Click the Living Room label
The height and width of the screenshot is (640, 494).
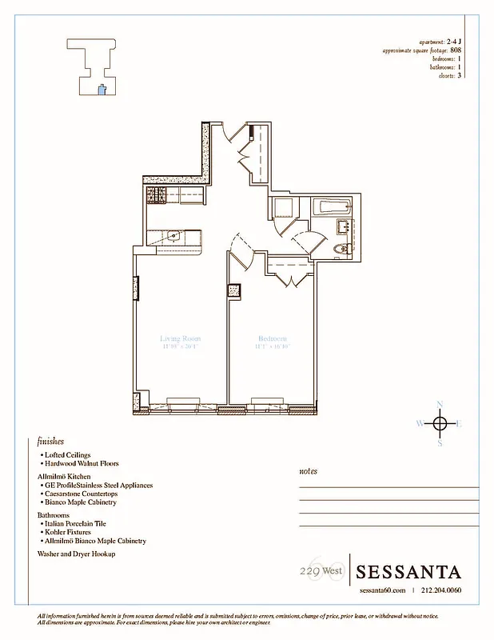tap(179, 338)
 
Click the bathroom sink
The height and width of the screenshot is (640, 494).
tap(345, 226)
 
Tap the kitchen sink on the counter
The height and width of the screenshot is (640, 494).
tap(173, 236)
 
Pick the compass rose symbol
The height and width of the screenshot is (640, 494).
tap(439, 423)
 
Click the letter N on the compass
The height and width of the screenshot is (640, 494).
tap(439, 403)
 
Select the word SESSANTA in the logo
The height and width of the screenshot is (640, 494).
tap(408, 572)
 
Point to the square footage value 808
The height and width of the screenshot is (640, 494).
tap(456, 50)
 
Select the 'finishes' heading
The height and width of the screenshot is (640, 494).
tap(50, 441)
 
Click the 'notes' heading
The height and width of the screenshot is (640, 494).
tap(308, 471)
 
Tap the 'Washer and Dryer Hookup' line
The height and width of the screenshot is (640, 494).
tap(77, 554)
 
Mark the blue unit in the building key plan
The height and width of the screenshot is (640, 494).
tap(101, 90)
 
